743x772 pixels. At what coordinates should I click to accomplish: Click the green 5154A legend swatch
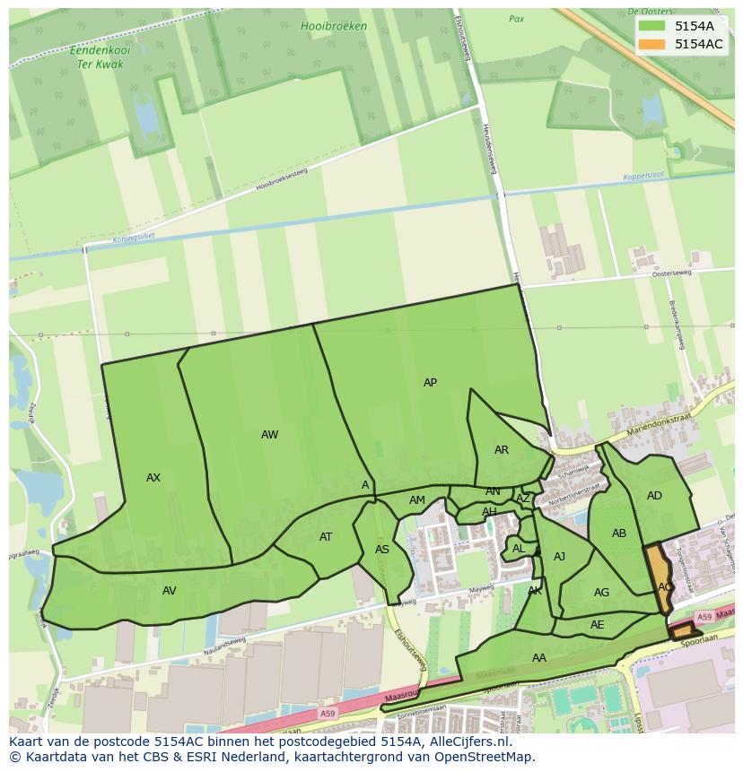tap(651, 26)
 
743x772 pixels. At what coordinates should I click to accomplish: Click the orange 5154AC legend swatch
tap(651, 44)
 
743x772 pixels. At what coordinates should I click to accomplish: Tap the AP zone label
tap(430, 383)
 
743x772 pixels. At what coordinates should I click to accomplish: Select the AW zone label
tap(269, 435)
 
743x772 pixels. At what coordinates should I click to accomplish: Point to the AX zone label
tap(153, 478)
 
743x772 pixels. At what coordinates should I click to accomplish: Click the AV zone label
tap(169, 590)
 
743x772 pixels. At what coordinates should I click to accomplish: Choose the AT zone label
tap(326, 537)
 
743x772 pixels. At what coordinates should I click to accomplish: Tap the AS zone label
tap(382, 550)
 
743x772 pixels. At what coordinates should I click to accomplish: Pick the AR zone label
tap(502, 450)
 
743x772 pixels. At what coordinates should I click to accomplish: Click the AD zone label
tap(654, 496)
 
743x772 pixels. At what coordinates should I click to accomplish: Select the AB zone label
tap(619, 533)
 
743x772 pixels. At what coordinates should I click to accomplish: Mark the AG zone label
tap(601, 593)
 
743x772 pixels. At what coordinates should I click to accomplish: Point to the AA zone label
tap(538, 658)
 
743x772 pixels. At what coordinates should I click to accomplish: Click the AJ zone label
tap(560, 557)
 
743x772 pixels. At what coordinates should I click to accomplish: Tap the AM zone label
tap(417, 500)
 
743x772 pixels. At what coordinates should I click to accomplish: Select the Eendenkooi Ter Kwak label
tap(101, 58)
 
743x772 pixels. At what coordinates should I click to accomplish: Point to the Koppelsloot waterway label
tap(647, 177)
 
